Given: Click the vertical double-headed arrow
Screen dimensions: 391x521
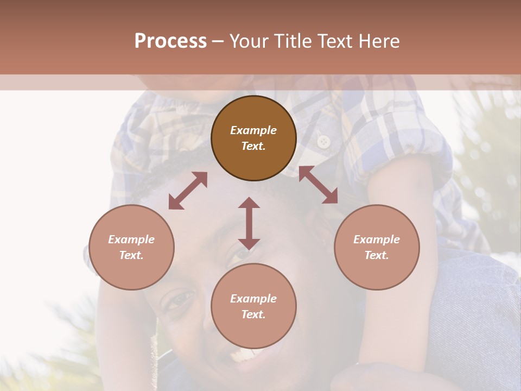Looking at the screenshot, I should click(x=249, y=223).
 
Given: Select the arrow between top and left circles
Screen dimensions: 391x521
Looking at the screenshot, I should click(x=188, y=190).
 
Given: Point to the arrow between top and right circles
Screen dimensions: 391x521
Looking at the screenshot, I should click(x=319, y=185).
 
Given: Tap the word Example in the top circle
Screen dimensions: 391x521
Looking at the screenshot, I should click(x=253, y=130).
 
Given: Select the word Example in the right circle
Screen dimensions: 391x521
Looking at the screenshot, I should click(x=377, y=239).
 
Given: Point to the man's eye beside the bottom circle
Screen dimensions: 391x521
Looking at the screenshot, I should click(x=179, y=299).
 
